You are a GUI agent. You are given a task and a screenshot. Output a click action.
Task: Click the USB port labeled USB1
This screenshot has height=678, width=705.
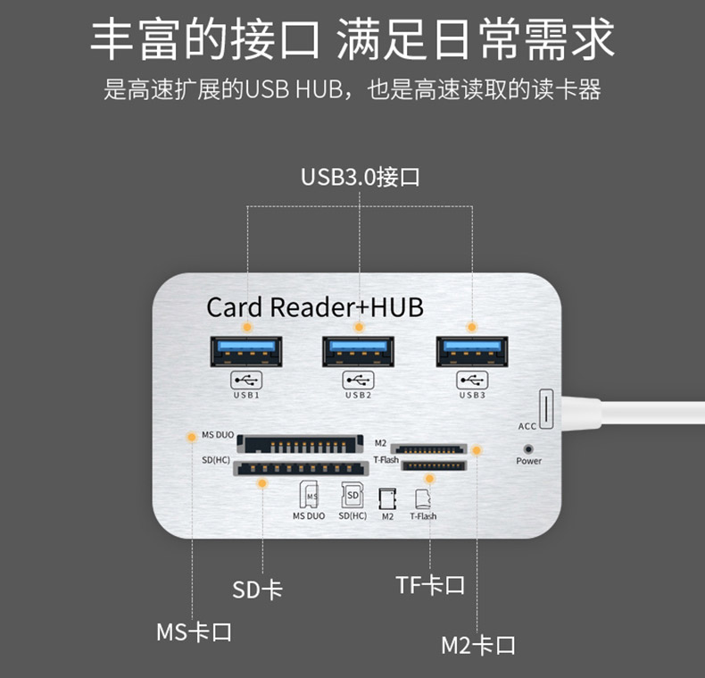[x=246, y=351]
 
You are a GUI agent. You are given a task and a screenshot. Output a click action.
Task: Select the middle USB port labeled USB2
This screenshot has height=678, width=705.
[x=358, y=351]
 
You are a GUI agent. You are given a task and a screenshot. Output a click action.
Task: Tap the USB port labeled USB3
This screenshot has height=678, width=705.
[x=471, y=351]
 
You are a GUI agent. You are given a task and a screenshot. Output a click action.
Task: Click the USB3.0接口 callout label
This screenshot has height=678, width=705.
[x=360, y=176]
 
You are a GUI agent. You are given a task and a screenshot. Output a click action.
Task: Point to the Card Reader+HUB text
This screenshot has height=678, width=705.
[x=315, y=307]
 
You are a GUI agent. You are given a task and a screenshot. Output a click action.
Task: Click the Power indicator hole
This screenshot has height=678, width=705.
[x=528, y=447]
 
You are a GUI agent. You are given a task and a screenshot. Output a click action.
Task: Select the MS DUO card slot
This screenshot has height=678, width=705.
[x=300, y=444]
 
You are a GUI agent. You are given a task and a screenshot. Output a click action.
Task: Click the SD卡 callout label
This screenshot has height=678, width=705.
[x=257, y=590]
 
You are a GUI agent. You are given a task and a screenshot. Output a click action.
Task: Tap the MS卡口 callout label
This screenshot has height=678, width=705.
[x=194, y=632]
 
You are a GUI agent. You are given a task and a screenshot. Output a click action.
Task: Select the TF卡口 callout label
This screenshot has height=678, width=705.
[x=430, y=585]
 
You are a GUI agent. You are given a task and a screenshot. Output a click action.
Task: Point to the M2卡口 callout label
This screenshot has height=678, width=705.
[x=477, y=644]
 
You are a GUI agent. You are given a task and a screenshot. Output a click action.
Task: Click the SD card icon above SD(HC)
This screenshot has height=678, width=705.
[x=352, y=494]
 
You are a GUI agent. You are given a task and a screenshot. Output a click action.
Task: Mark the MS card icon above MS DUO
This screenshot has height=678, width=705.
[x=309, y=495]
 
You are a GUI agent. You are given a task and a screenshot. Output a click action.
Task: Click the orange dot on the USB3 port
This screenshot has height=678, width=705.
[x=471, y=328]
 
